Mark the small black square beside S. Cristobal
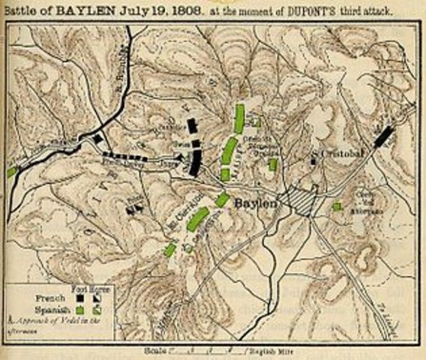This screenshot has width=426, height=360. click(x=313, y=160)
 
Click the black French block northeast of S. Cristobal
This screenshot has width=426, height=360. click(x=384, y=136)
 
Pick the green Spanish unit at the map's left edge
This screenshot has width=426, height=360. click(x=11, y=172)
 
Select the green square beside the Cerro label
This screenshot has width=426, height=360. click(x=337, y=205)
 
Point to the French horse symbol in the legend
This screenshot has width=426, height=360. click(x=97, y=297)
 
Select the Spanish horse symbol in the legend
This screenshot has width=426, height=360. click(x=97, y=308)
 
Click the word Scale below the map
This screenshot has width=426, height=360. click(x=152, y=349)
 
